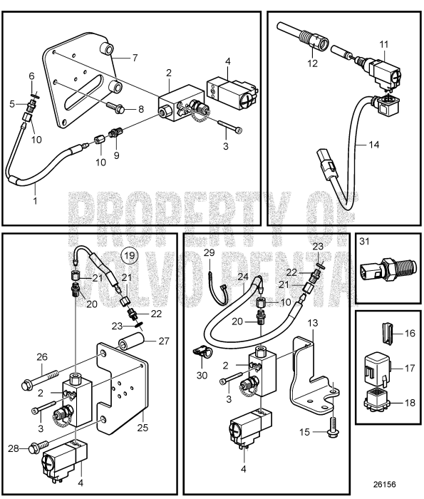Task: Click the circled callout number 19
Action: click(130, 255)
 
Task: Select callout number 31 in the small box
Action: click(365, 242)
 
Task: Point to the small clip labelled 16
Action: click(386, 333)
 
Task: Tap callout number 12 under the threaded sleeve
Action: click(312, 63)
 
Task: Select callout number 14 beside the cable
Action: click(374, 145)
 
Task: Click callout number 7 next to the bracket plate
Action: click(135, 58)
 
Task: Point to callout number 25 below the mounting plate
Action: click(143, 427)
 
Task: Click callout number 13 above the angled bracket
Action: click(313, 324)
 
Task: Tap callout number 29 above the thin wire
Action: click(209, 252)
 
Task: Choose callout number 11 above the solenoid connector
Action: click(384, 44)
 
